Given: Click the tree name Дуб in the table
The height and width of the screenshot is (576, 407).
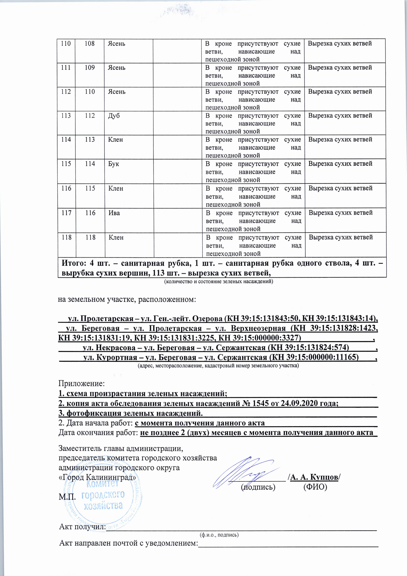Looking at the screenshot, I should click(114, 116).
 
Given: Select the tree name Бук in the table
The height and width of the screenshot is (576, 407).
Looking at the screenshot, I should click(114, 164).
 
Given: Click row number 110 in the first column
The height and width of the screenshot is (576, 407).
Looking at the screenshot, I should click(66, 43).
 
